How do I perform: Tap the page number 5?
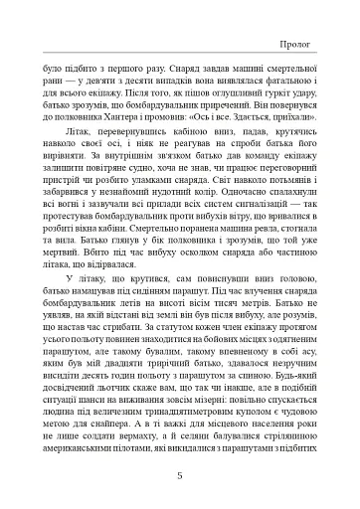coord(180,474)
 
